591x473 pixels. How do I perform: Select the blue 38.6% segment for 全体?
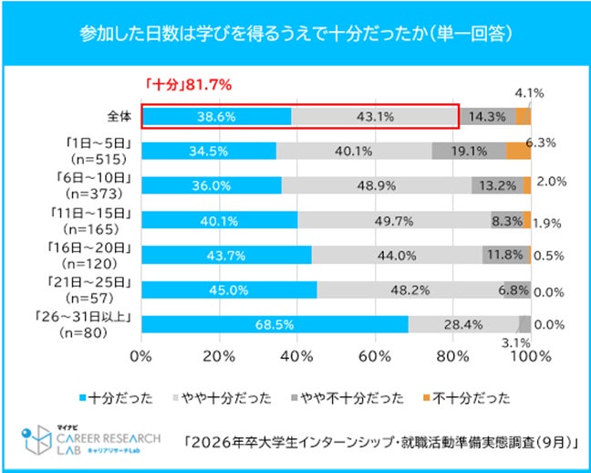tap(216, 117)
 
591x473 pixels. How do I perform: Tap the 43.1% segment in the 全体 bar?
tap(374, 117)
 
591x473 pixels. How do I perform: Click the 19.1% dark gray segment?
tap(469, 152)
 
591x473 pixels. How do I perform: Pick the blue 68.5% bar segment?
tap(275, 325)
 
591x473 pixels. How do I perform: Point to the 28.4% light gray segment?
tap(463, 325)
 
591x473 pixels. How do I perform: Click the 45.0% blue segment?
tap(229, 290)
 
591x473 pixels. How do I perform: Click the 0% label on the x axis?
tap(141, 355)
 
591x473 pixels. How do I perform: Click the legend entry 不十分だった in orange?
tap(460, 398)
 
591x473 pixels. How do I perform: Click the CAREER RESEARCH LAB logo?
tap(97, 439)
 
